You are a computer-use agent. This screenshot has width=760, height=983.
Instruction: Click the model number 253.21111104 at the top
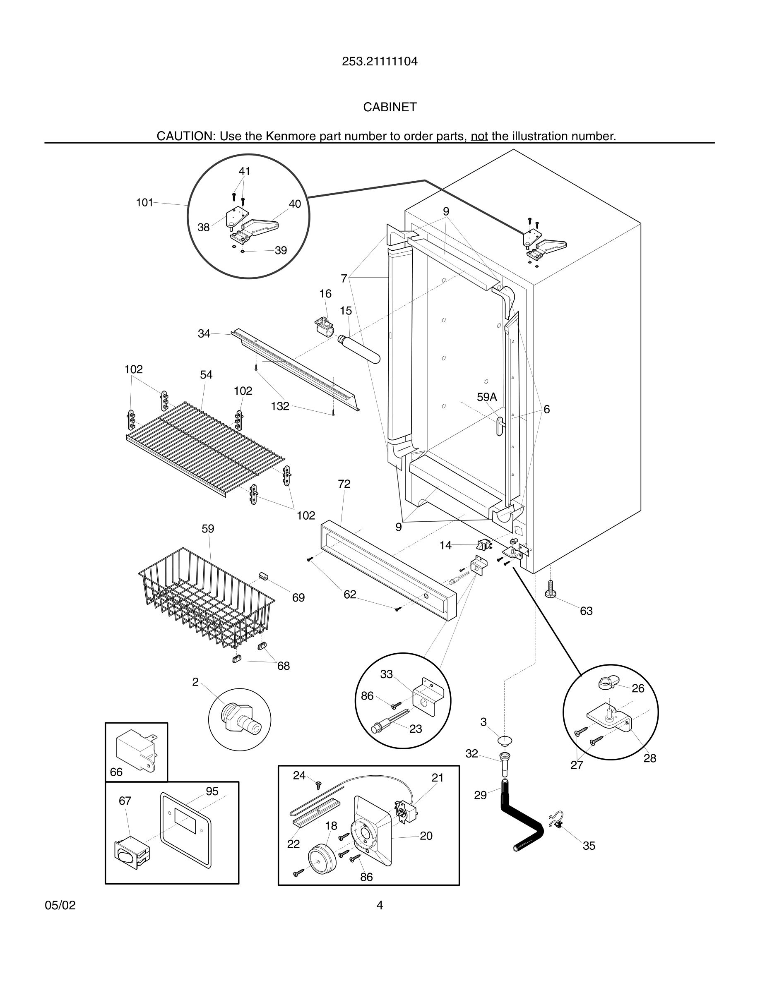pyautogui.click(x=380, y=61)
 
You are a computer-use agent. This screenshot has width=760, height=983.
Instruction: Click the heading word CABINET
pyautogui.click(x=390, y=107)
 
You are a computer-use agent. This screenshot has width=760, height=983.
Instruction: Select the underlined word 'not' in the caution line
pyautogui.click(x=479, y=136)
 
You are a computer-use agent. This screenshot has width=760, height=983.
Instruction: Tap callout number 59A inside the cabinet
pyautogui.click(x=487, y=397)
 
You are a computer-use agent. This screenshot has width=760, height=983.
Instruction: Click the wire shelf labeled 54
pyautogui.click(x=205, y=446)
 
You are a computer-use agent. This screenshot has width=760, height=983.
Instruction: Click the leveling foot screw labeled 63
pyautogui.click(x=550, y=589)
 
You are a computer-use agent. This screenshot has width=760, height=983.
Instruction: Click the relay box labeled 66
pyautogui.click(x=136, y=749)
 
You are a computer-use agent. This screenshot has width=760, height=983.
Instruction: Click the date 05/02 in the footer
pyautogui.click(x=60, y=905)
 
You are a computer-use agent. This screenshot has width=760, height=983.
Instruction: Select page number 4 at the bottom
pyautogui.click(x=380, y=905)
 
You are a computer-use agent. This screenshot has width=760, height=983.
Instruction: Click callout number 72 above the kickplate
pyautogui.click(x=344, y=484)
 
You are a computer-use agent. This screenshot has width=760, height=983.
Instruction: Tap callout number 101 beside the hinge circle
pyautogui.click(x=144, y=203)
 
